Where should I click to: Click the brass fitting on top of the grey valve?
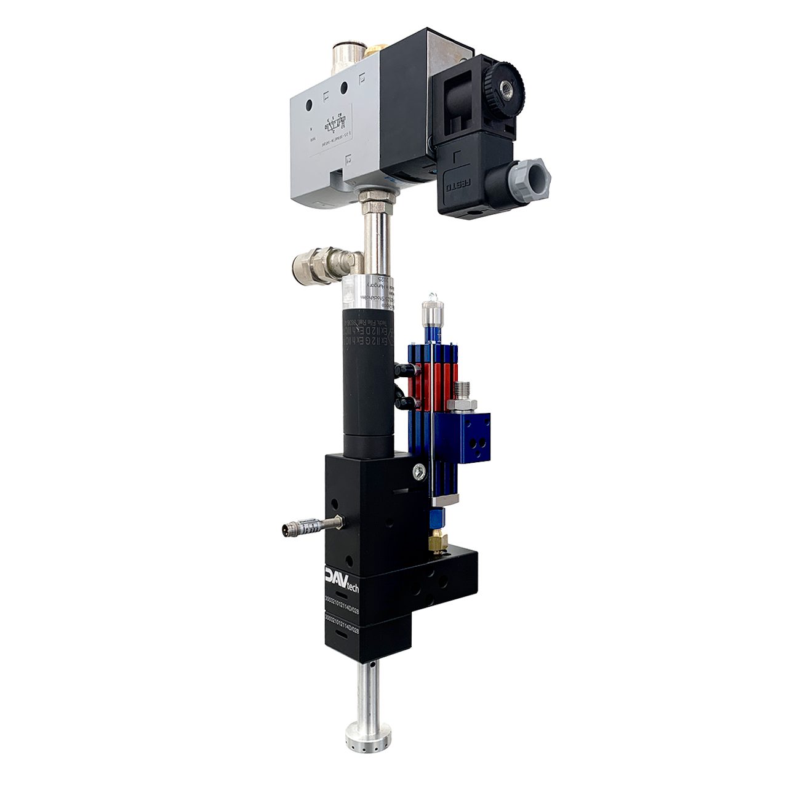tap(371, 52)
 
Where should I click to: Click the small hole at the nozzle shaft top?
tap(374, 667)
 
